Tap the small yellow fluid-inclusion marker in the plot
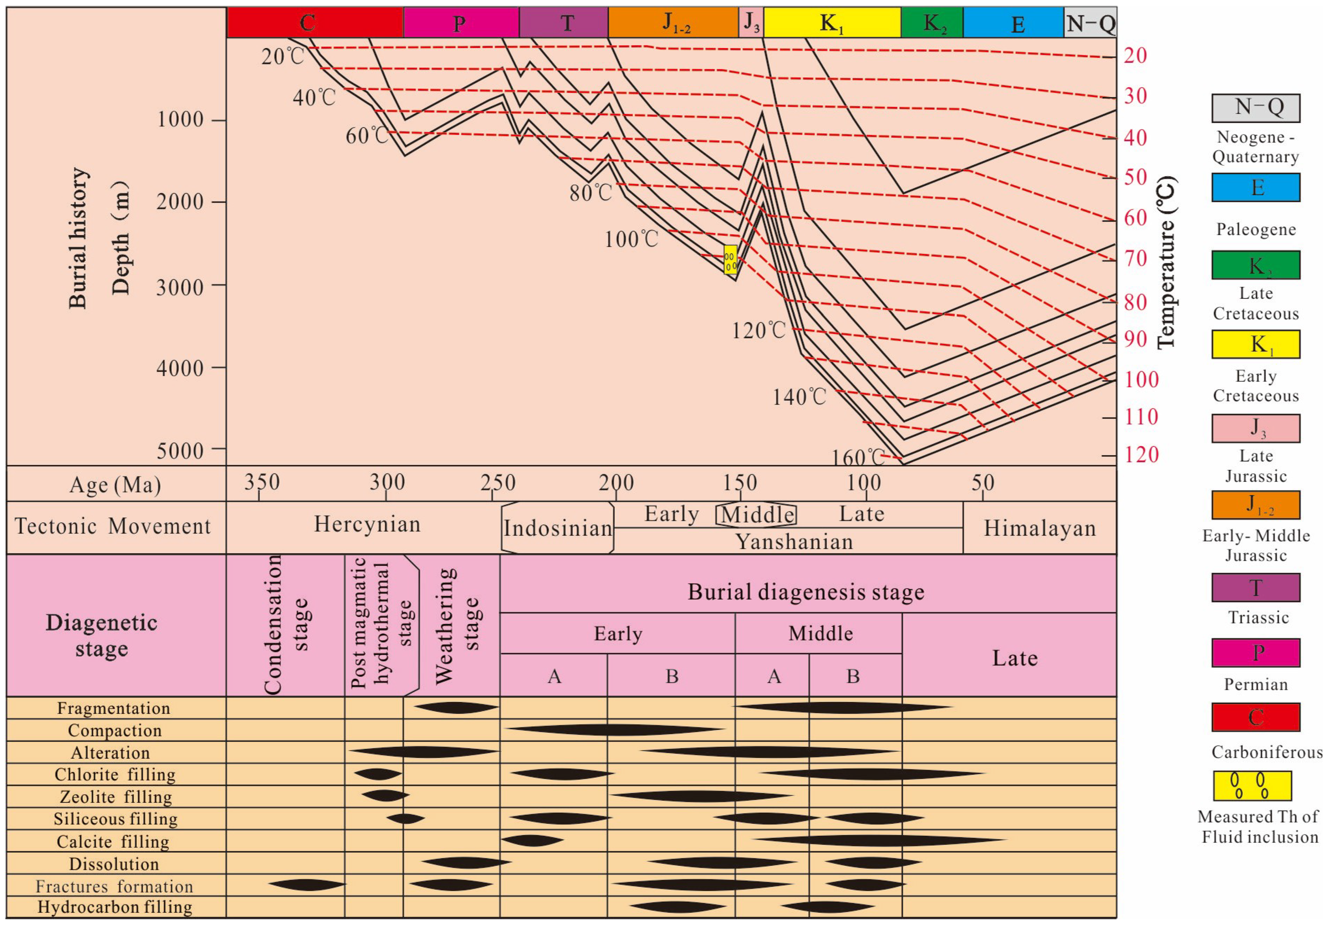pyautogui.click(x=730, y=259)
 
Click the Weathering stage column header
pyautogui.click(x=457, y=626)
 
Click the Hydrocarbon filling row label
pyautogui.click(x=115, y=907)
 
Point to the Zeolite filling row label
pyautogui.click(x=116, y=797)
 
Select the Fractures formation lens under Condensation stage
pyautogui.click(x=307, y=885)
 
